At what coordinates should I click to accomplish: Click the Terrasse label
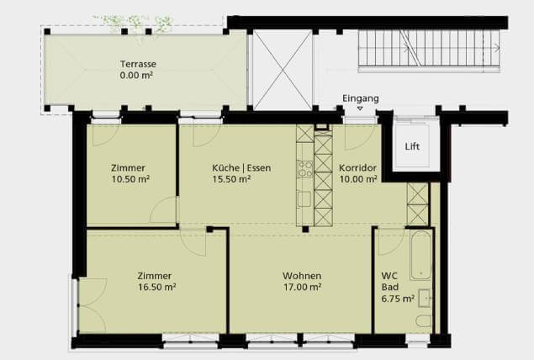click(x=138, y=64)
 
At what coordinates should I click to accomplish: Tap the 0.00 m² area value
click(x=136, y=75)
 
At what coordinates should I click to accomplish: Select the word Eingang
click(x=360, y=98)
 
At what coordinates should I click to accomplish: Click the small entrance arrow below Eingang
click(x=360, y=109)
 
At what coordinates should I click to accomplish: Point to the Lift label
click(x=412, y=147)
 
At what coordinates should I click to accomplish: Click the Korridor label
click(x=357, y=168)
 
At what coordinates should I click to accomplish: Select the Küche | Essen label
click(x=241, y=168)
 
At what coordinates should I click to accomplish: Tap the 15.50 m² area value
click(x=231, y=179)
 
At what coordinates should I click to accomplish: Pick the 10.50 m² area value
click(x=131, y=179)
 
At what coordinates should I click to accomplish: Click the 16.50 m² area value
click(x=157, y=287)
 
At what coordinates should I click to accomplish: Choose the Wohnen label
click(x=302, y=276)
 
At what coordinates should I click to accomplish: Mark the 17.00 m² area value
click(x=303, y=287)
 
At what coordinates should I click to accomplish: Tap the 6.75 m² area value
click(x=398, y=299)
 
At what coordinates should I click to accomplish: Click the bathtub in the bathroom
click(x=421, y=255)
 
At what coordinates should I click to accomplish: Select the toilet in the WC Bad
click(x=424, y=321)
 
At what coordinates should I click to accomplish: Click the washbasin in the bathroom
click(x=425, y=299)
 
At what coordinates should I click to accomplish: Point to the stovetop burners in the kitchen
click(x=304, y=169)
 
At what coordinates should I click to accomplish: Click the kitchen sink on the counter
click(x=304, y=199)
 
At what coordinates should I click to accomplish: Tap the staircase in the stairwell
click(x=429, y=50)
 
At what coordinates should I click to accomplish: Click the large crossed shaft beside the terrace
click(x=283, y=70)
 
